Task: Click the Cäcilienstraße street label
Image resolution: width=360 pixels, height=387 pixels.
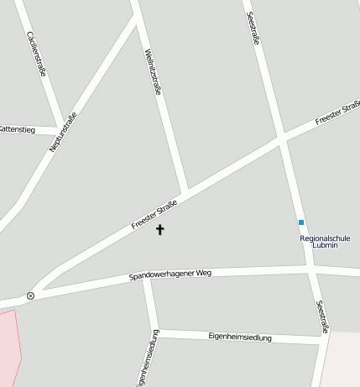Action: [x=37, y=53]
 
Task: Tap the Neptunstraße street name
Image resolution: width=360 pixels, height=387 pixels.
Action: [x=63, y=132]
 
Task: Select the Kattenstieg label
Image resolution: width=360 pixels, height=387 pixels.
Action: [x=16, y=129]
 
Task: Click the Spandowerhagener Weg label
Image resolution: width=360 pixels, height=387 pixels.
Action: [x=170, y=275]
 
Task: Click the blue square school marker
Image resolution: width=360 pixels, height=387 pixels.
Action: [x=301, y=222]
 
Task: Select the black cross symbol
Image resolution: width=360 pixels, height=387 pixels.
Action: [x=159, y=229]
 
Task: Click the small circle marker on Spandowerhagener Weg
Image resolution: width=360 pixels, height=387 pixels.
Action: [x=30, y=295]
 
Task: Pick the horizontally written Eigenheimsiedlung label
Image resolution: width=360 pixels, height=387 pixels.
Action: [x=239, y=337]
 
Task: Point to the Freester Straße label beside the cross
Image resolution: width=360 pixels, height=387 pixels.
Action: [x=154, y=215]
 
